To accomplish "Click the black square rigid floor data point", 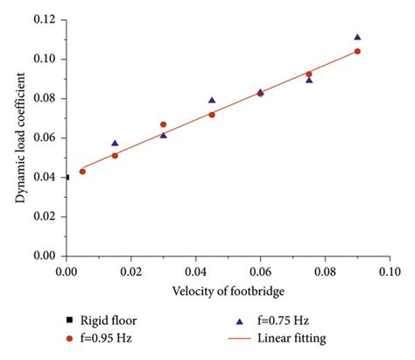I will tap(67, 177).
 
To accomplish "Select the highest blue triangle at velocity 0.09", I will tap(357, 38).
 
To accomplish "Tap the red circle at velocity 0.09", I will tap(357, 52).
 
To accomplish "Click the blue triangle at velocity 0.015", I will tap(115, 143).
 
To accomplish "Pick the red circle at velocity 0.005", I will tap(82, 172).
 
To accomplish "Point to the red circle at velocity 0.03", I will tap(163, 124).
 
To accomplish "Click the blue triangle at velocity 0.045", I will tap(212, 101).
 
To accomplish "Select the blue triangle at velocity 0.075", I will tap(309, 80).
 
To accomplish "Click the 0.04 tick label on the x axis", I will tap(195, 272).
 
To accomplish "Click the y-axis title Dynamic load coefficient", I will tap(19, 138).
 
